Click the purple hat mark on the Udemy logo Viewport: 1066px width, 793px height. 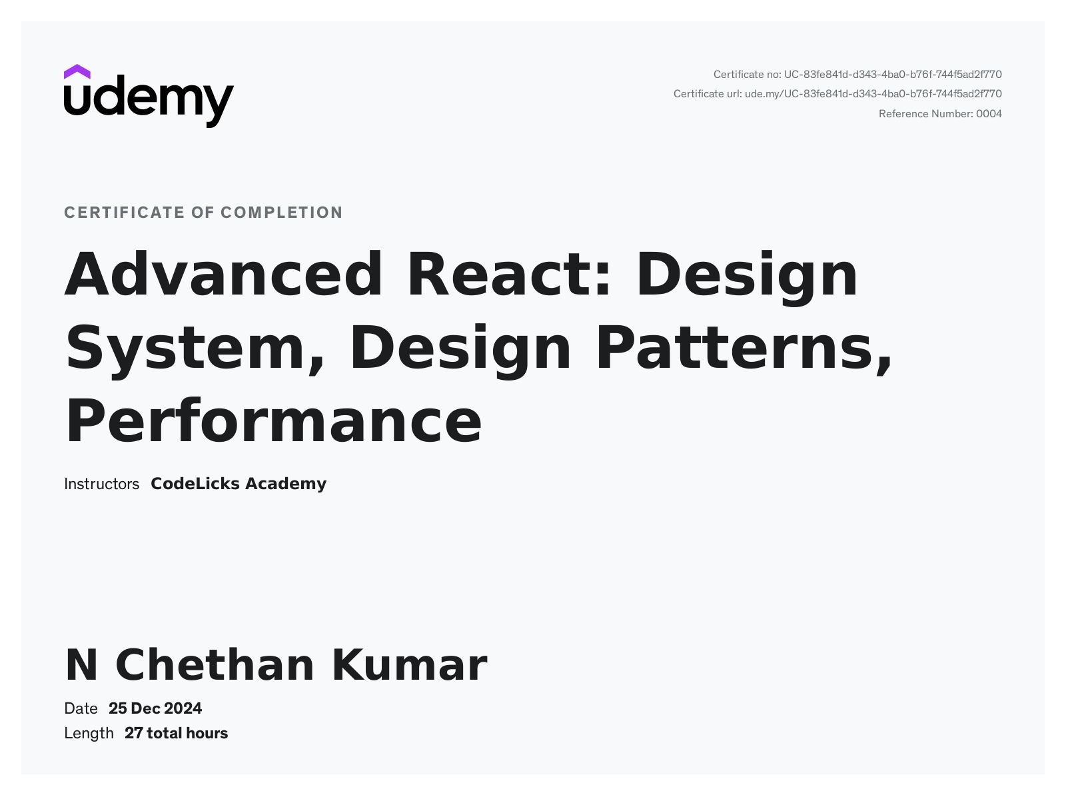(x=77, y=71)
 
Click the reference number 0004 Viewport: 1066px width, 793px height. (x=989, y=114)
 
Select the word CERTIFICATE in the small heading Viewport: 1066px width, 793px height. (x=125, y=213)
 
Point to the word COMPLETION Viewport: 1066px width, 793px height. (x=282, y=213)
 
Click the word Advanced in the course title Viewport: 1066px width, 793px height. (x=224, y=274)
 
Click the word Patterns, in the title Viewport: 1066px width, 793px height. (x=744, y=347)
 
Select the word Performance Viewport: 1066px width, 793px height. (x=273, y=421)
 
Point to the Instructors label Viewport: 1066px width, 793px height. (x=101, y=484)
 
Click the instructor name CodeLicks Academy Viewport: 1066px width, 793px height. (x=239, y=484)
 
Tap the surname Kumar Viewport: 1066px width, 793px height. (x=409, y=665)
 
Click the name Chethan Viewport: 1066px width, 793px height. (x=215, y=665)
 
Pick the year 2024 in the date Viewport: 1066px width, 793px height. (x=183, y=708)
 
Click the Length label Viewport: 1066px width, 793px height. (x=89, y=733)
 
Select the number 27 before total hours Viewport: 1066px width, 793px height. (x=133, y=733)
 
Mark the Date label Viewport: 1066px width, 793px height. (x=81, y=708)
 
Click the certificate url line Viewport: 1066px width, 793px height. (x=837, y=94)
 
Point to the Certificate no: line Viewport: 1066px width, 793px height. (x=857, y=75)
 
